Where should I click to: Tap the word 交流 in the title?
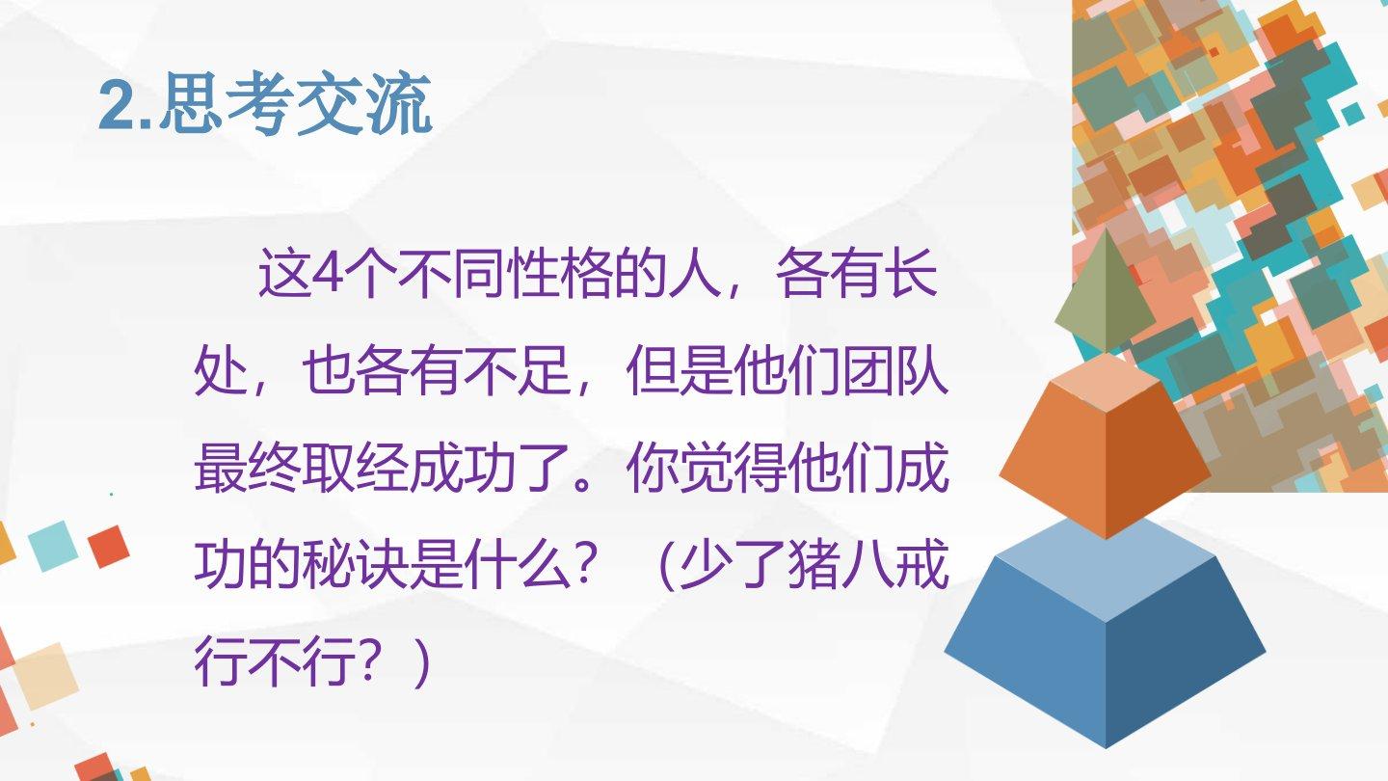[x=363, y=105]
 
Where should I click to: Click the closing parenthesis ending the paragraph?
[x=422, y=663]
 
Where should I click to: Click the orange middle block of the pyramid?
[x=1105, y=446]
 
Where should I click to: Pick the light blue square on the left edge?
[x=53, y=546]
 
